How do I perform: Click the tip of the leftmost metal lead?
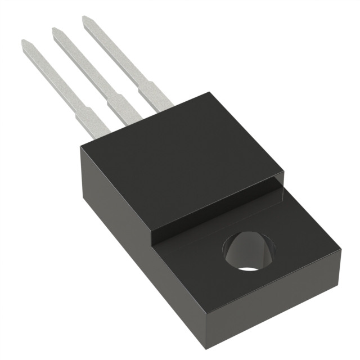[x=25, y=43]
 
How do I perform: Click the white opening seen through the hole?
[x=249, y=265]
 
